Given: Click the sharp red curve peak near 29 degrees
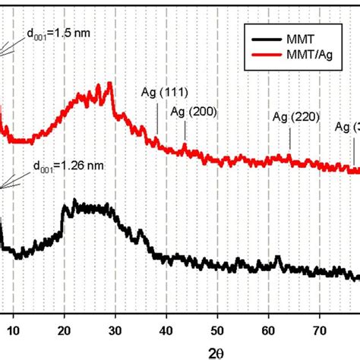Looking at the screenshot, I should tap(112, 83).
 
